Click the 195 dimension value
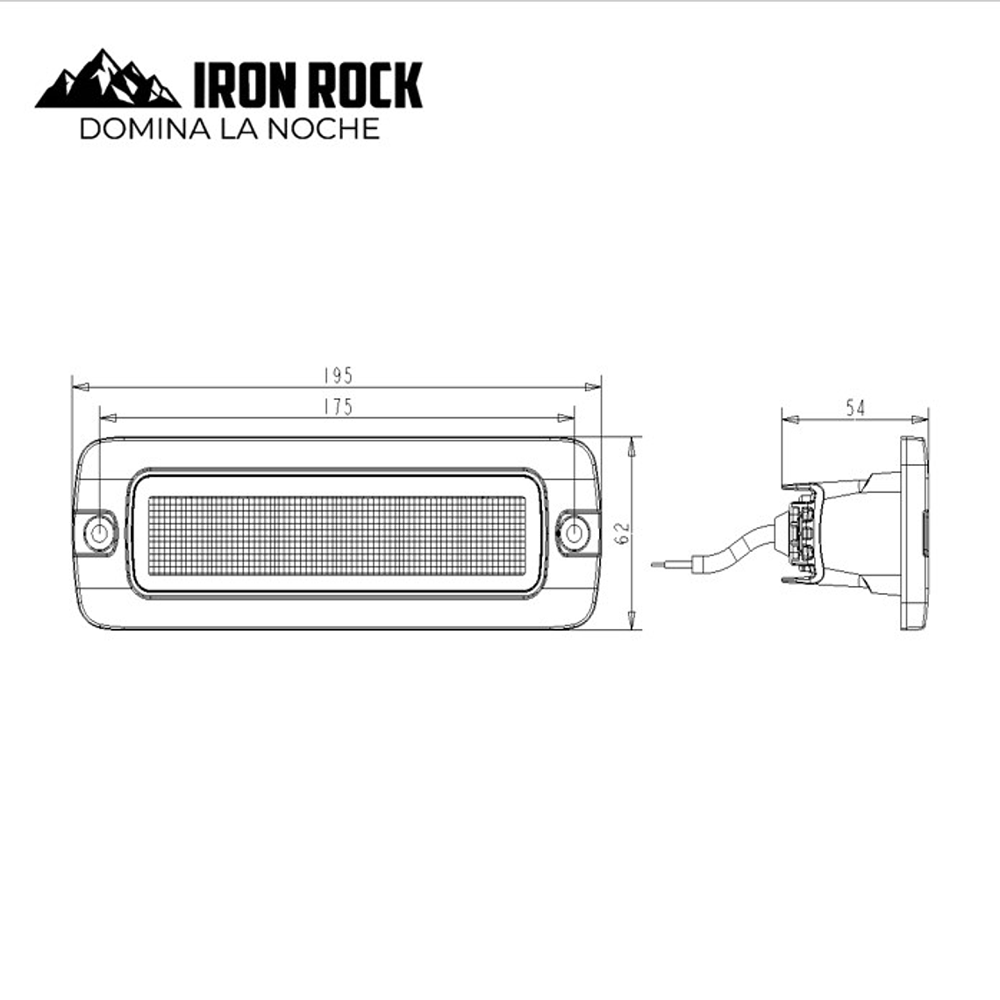[x=337, y=375]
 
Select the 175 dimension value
[x=337, y=406]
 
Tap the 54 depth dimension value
[x=854, y=407]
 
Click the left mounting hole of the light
[x=101, y=532]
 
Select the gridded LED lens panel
[x=337, y=535]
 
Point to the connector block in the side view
[x=803, y=535]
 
